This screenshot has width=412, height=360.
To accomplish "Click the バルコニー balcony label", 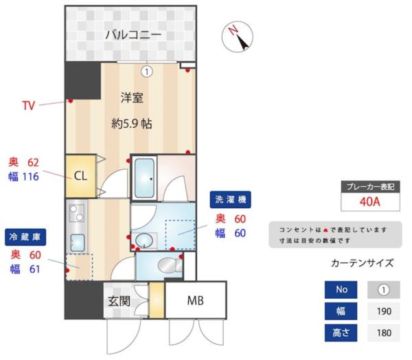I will pyautogui.click(x=133, y=34).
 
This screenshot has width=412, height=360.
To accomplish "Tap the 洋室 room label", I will pyautogui.click(x=132, y=98).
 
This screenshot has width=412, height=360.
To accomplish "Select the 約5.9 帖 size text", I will pyautogui.click(x=132, y=124).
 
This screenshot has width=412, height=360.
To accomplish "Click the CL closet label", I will pyautogui.click(x=80, y=175).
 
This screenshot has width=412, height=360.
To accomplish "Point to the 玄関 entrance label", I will pyautogui.click(x=119, y=301).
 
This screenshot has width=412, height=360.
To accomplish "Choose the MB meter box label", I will pyautogui.click(x=196, y=301).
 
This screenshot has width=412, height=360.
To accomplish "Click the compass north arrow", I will pyautogui.click(x=238, y=36).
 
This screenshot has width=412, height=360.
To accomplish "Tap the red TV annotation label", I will pyautogui.click(x=28, y=106).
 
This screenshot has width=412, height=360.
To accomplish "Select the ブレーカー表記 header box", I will pyautogui.click(x=369, y=187).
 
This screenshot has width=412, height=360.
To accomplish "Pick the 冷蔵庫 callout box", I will pyautogui.click(x=25, y=237).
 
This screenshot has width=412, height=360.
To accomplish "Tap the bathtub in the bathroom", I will pyautogui.click(x=145, y=178).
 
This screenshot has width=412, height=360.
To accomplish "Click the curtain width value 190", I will pyautogui.click(x=384, y=311).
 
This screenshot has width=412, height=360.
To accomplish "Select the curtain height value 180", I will pyautogui.click(x=384, y=333).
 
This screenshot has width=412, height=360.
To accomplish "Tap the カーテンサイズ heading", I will pyautogui.click(x=362, y=262).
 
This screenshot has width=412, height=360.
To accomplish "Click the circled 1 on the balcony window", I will pyautogui.click(x=147, y=70).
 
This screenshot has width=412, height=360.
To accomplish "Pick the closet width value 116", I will pyautogui.click(x=30, y=177).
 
